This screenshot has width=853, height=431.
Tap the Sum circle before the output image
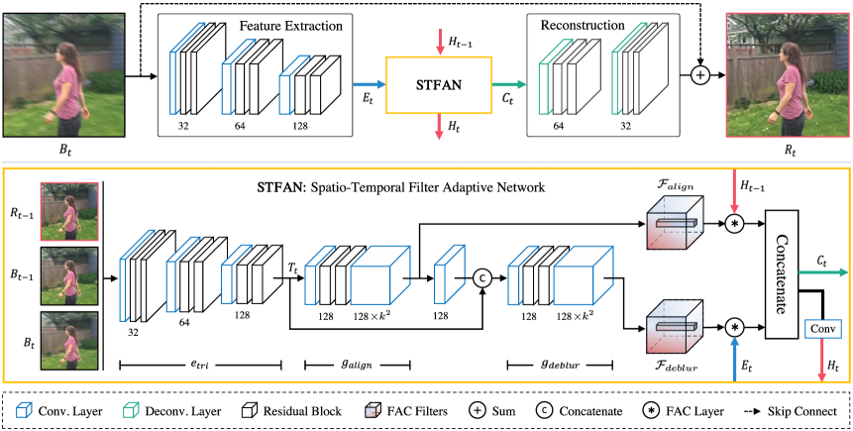699,74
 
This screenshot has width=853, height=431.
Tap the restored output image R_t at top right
789,74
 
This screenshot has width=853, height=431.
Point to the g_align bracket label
358,365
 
